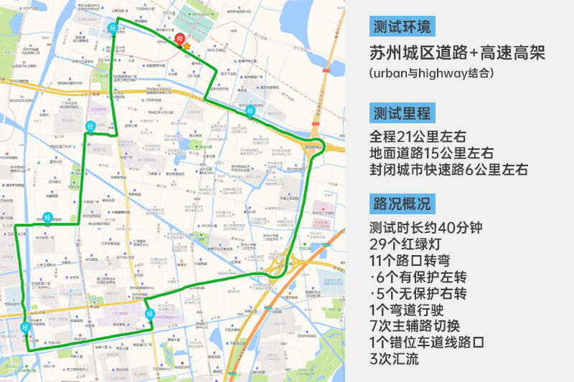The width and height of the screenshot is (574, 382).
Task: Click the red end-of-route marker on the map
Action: coord(179,39)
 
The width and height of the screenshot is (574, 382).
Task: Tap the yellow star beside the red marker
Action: coord(187,47)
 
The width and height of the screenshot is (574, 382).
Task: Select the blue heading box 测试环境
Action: coord(402,27)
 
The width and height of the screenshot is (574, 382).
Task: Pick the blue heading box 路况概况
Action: coord(402,203)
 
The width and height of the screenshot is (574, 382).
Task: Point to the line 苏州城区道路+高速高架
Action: coord(457,53)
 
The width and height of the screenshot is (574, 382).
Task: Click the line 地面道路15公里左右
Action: coord(431,153)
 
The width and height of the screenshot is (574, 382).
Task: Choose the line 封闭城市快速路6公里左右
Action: coord(448,170)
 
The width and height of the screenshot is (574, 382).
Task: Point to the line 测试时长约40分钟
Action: coord(426,229)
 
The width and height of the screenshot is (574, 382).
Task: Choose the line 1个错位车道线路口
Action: coord(427,343)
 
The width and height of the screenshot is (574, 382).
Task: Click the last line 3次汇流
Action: coord(394,360)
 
